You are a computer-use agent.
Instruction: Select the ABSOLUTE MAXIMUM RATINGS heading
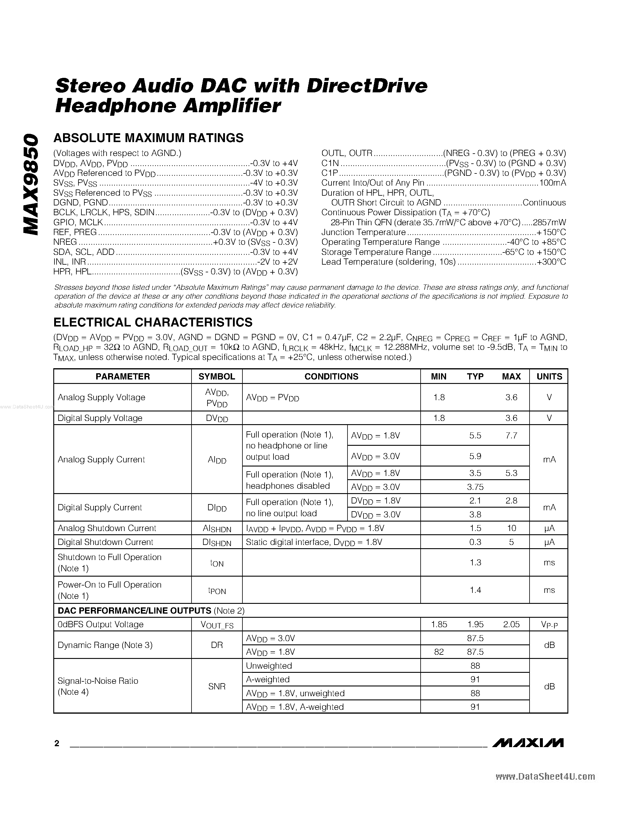(148, 138)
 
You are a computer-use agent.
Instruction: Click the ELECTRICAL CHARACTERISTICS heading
(153, 322)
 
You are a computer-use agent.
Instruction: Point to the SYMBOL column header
(216, 377)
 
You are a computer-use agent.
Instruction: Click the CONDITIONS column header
(331, 377)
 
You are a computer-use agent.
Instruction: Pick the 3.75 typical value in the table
(475, 487)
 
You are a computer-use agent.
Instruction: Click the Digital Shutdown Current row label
(105, 542)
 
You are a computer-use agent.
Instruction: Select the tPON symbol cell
(216, 591)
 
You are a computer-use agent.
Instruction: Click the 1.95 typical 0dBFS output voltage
(475, 624)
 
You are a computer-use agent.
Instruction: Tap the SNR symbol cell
(216, 686)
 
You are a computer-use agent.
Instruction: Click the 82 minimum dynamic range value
(439, 652)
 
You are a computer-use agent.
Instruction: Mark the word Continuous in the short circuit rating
(544, 202)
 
